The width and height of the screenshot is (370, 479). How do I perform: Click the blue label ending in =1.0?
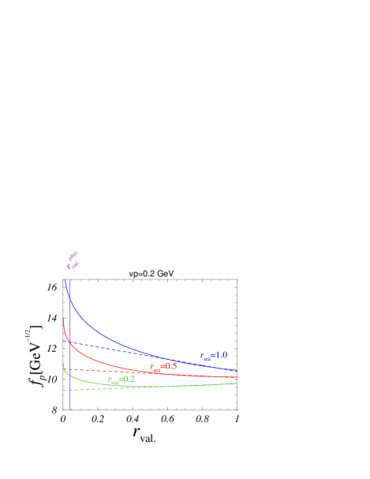click(213, 356)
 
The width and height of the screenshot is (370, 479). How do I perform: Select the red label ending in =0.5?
click(163, 367)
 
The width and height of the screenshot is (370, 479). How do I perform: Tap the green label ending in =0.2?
click(121, 380)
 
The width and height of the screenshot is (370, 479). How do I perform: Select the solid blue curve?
click(118, 332)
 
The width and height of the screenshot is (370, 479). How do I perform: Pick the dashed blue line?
click(118, 349)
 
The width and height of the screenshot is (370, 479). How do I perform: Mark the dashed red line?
click(118, 369)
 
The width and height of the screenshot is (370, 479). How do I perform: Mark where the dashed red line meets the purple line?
click(70, 369)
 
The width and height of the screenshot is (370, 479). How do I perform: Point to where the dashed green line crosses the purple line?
click(70, 389)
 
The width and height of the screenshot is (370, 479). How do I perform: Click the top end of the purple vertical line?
click(70, 279)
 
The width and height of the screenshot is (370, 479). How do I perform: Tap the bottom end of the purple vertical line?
click(70, 410)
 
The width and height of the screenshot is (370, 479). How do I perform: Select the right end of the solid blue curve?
click(237, 370)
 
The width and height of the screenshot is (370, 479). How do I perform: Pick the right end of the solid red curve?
click(237, 378)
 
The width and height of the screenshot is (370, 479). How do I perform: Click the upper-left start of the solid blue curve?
click(65, 279)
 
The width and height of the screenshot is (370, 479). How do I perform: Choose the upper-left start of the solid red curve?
click(63, 317)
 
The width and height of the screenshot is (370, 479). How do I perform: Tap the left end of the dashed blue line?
click(63, 341)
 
